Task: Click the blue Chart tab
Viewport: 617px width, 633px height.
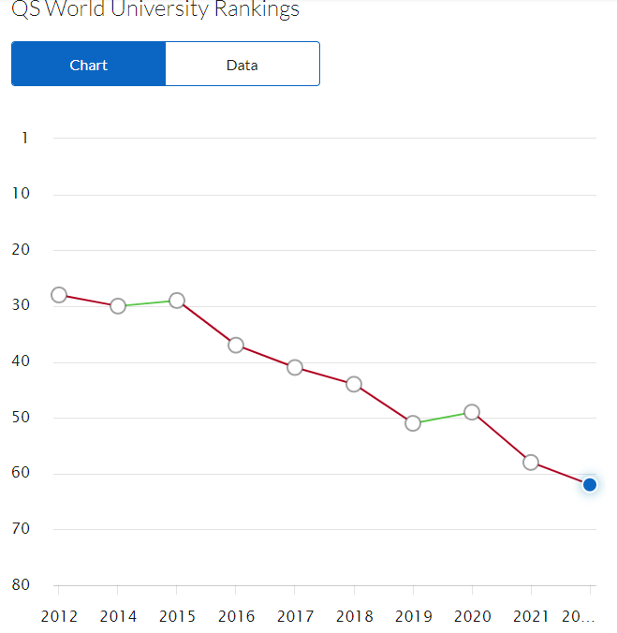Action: tap(89, 65)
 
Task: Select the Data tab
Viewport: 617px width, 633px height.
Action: tap(242, 65)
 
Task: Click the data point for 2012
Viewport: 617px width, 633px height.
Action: tap(59, 295)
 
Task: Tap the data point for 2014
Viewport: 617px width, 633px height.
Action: tap(118, 306)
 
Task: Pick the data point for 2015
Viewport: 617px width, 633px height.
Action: tap(177, 301)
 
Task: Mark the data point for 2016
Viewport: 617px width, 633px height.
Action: tap(236, 346)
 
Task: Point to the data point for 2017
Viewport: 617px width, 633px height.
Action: tap(295, 368)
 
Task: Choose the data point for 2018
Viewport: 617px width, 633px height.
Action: tap(354, 384)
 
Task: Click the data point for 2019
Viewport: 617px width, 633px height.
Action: tap(413, 423)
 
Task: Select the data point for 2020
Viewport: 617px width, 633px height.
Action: tap(472, 412)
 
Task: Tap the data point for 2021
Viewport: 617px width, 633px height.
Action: tap(531, 463)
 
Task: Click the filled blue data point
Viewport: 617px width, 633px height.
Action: tap(590, 484)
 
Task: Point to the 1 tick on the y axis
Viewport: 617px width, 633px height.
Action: tap(25, 139)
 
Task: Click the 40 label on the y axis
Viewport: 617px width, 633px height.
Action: tap(20, 361)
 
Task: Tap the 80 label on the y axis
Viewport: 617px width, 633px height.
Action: tap(20, 585)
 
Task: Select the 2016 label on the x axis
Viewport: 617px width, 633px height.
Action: tap(236, 616)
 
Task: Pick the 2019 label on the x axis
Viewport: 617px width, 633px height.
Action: tap(413, 616)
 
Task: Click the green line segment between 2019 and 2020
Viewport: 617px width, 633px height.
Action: tap(443, 418)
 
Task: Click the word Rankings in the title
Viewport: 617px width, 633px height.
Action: tap(254, 9)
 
